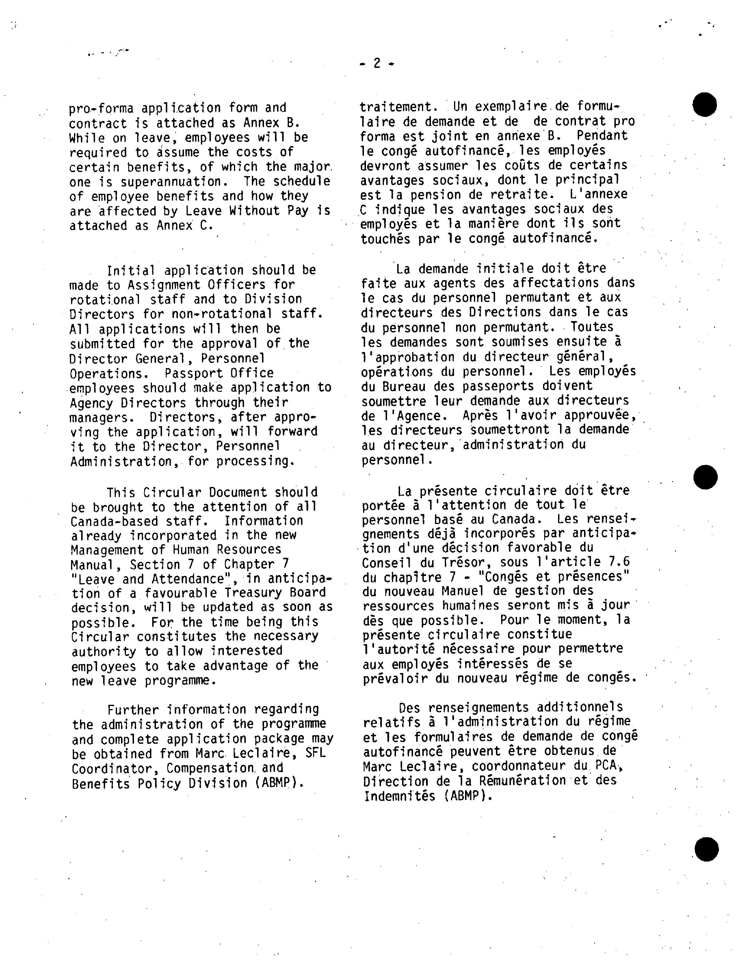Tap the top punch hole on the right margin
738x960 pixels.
(704, 105)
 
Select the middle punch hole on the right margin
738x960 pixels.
(705, 477)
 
